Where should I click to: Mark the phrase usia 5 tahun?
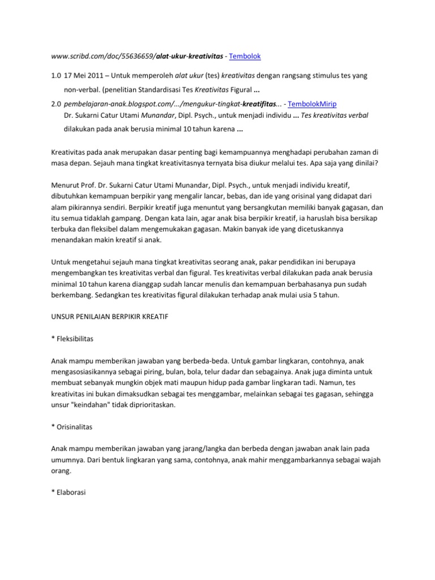[338, 295]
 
